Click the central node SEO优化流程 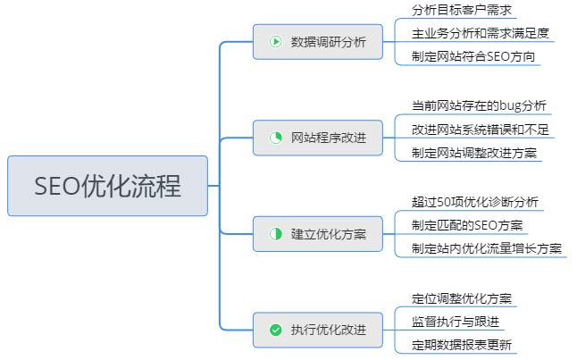(x=107, y=186)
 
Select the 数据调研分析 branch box (x=317, y=41)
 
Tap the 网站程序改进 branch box (x=317, y=138)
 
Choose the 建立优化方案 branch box (x=317, y=233)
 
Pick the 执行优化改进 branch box (x=317, y=330)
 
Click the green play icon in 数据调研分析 (x=276, y=41)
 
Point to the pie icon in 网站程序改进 (x=276, y=138)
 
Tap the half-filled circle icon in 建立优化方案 (x=276, y=233)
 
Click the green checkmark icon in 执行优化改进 (x=276, y=330)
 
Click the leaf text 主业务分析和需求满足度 (x=480, y=34)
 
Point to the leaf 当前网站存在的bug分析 (x=478, y=105)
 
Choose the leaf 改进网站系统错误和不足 (x=480, y=130)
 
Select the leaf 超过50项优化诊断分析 (x=474, y=201)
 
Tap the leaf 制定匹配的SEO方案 (x=467, y=224)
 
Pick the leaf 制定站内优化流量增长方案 (x=487, y=248)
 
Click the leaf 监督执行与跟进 (x=456, y=321)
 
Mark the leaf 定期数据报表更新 (x=461, y=345)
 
